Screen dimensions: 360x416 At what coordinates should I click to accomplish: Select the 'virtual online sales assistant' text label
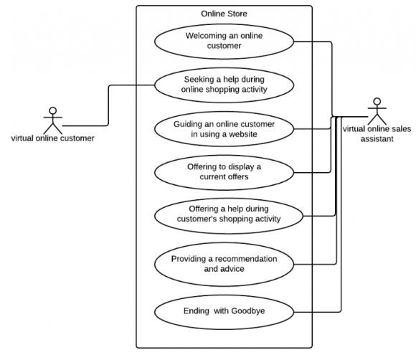[x=377, y=134]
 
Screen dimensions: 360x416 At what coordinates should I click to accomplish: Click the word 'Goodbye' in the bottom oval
[x=250, y=312]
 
